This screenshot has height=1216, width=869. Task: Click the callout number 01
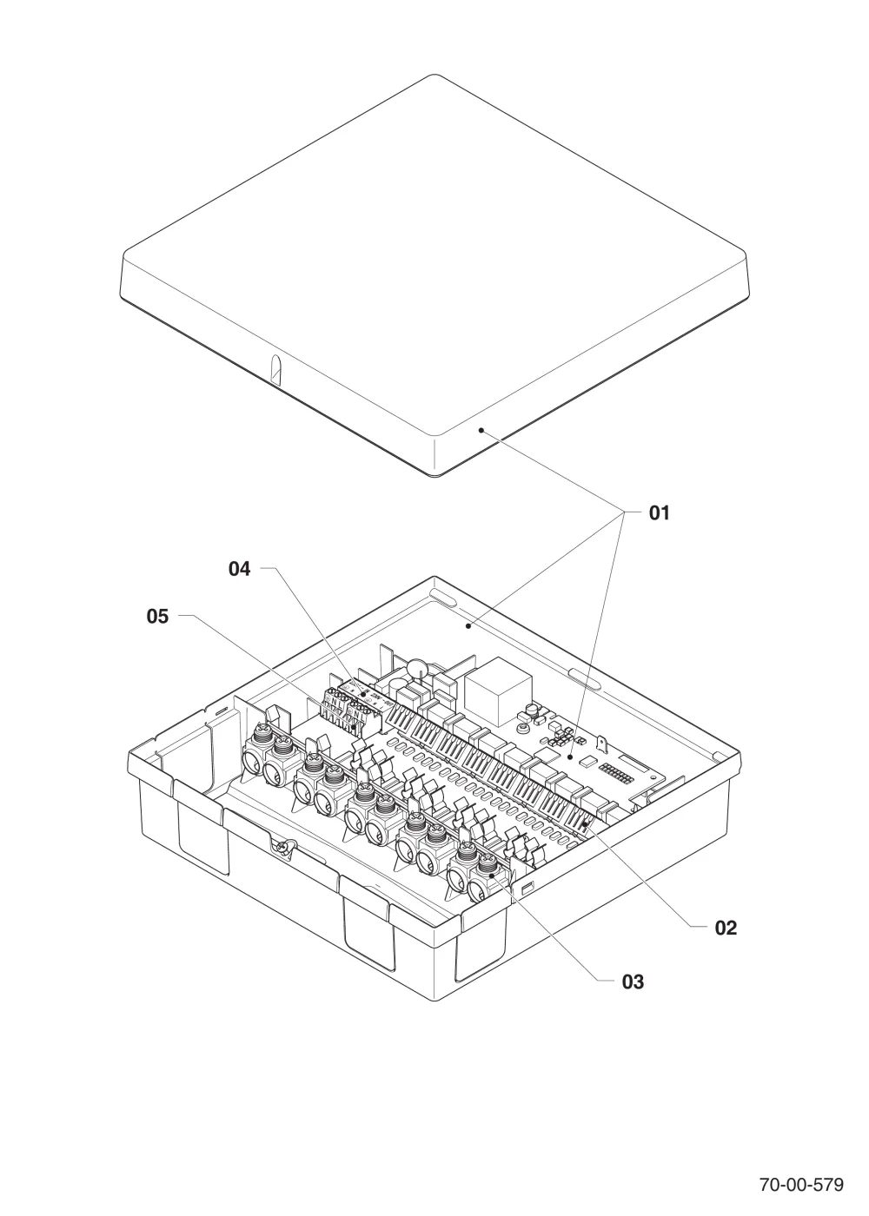[660, 512]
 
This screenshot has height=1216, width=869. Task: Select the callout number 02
[726, 928]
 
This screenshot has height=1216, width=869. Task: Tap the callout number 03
[633, 981]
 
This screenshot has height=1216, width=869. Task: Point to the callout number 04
[240, 568]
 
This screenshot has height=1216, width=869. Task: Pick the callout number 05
[157, 616]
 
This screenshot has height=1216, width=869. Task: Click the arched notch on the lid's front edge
[277, 370]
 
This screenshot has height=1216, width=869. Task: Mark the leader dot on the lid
[481, 431]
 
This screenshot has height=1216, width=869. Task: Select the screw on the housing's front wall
[283, 848]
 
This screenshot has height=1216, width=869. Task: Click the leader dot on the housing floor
[468, 626]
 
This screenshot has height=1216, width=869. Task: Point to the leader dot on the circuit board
[570, 756]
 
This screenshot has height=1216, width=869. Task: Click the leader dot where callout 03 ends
[491, 876]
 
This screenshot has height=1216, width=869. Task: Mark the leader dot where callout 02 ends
[586, 824]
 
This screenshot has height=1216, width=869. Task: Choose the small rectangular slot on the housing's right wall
[527, 889]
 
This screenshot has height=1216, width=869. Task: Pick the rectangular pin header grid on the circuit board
[615, 773]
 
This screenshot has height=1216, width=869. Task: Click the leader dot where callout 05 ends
[354, 726]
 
